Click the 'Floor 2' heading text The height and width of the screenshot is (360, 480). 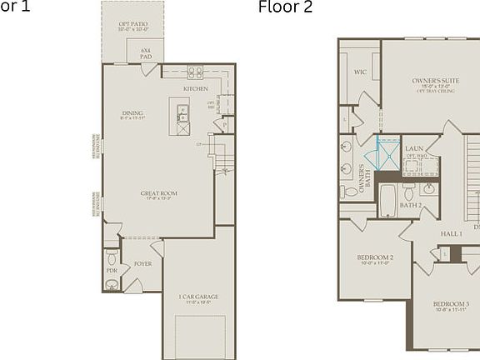pos(286,8)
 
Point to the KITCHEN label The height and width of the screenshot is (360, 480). pos(196,88)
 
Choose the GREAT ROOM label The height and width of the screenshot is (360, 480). pos(158,195)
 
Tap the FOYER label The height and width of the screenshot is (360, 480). pos(143,264)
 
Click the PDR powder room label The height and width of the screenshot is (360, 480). pos(112,271)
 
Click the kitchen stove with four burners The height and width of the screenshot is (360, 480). pos(195,72)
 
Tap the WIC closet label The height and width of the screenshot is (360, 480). pos(360,72)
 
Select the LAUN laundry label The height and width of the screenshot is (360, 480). pos(414,148)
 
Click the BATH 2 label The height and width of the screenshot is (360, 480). pos(411,204)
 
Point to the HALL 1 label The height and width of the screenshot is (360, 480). pos(451,234)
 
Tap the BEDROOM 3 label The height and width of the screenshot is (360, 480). pos(451,305)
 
